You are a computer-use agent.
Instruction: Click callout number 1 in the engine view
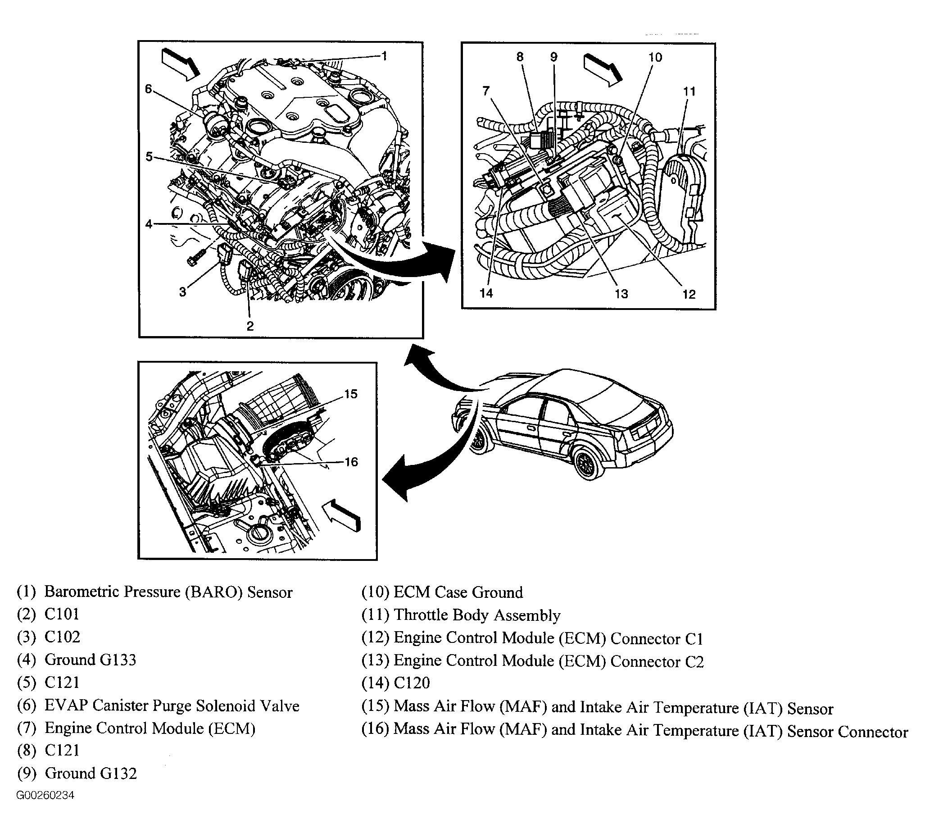[384, 56]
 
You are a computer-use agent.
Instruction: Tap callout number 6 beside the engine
[148, 89]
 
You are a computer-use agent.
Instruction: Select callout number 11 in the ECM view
[689, 91]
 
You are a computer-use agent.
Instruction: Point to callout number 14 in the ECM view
[486, 293]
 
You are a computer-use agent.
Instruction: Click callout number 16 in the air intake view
[351, 462]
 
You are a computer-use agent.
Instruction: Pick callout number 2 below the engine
[250, 326]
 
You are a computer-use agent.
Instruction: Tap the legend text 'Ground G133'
[90, 660]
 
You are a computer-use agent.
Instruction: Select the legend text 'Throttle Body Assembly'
[476, 615]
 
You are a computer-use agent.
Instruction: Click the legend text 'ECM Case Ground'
[458, 592]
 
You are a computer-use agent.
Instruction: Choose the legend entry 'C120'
[412, 683]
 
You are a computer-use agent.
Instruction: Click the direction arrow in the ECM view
[603, 69]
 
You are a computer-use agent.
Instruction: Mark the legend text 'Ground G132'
[91, 773]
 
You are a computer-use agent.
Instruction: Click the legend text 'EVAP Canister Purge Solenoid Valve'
[172, 706]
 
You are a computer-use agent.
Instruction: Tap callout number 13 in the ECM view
[621, 293]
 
